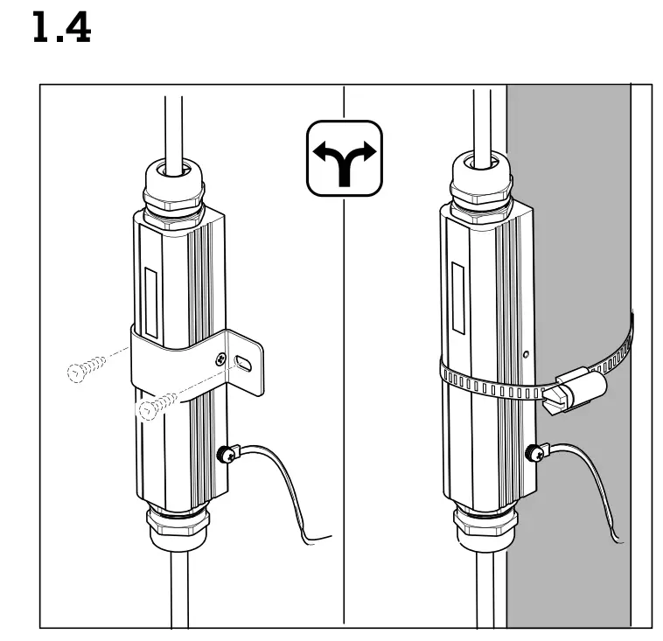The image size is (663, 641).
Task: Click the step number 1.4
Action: click(61, 30)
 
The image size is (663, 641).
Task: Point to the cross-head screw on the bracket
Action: click(220, 358)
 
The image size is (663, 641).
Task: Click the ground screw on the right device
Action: click(532, 453)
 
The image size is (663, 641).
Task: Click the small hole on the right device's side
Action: click(525, 354)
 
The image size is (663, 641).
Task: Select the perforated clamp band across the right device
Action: click(490, 382)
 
